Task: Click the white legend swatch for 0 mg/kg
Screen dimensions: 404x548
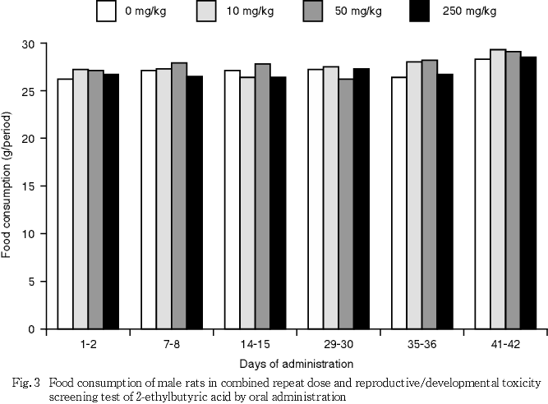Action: (x=106, y=11)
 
